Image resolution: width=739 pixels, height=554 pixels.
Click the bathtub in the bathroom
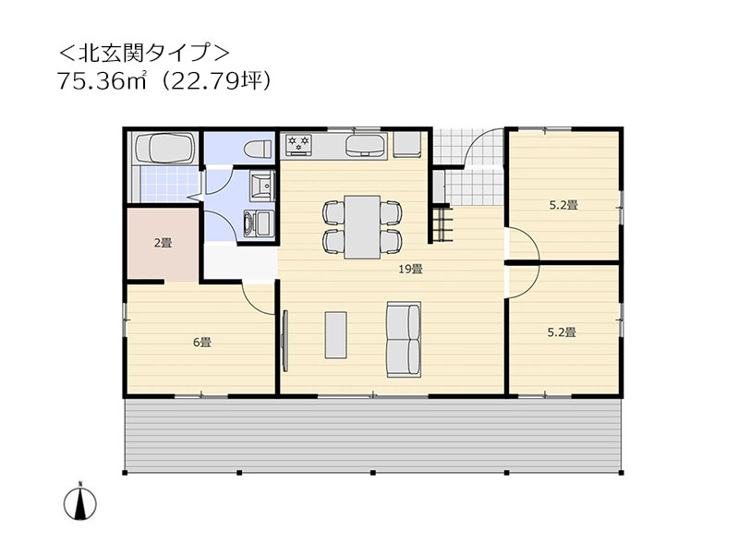point(164,148)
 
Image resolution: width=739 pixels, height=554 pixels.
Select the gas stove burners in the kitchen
point(300,144)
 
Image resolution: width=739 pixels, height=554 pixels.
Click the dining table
point(363,225)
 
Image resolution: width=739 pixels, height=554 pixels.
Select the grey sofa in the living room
point(403,338)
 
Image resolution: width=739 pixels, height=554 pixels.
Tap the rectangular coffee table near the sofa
point(334,334)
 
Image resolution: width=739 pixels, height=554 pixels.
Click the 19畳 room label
point(411,270)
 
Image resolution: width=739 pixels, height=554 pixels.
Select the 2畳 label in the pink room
point(163,244)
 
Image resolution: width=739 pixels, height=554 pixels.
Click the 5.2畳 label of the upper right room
point(563,205)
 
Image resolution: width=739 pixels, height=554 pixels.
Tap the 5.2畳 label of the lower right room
point(563,332)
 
